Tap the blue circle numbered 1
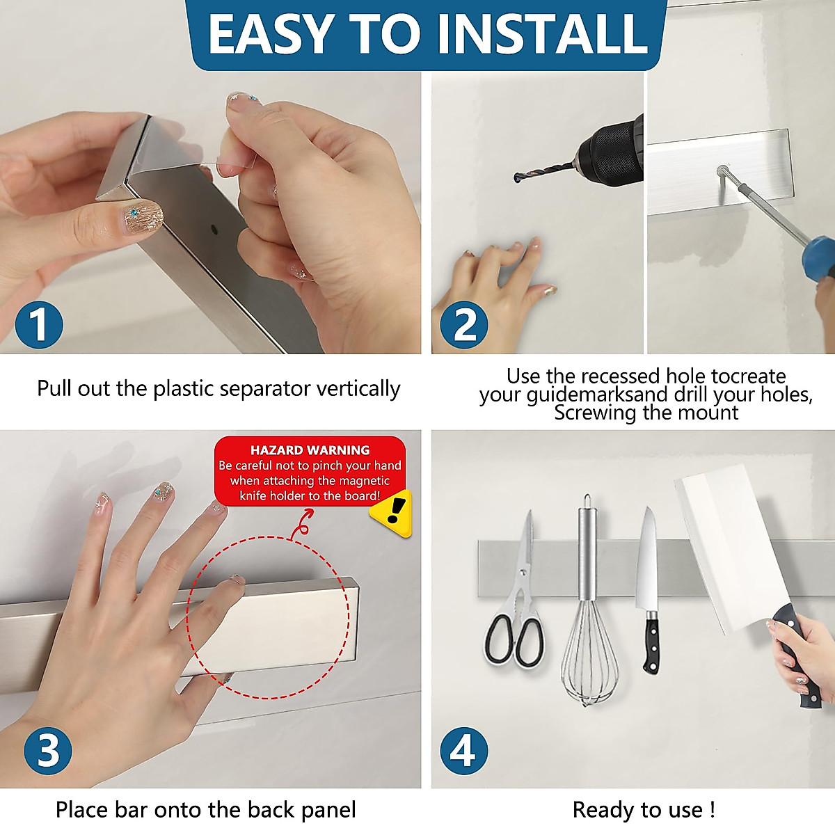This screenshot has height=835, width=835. tap(39, 324)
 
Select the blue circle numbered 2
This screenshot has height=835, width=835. tap(464, 324)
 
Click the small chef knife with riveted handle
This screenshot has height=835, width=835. tap(648, 590)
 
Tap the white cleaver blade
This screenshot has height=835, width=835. tap(731, 546)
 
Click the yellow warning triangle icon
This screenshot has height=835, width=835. tap(391, 513)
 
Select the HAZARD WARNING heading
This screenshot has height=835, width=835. tap(310, 450)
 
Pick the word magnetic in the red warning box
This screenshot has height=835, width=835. tap(363, 481)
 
